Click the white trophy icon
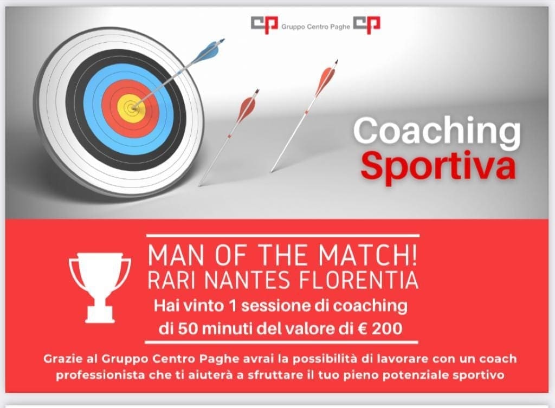point(100,287)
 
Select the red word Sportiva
point(437,166)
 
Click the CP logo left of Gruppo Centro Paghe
point(264,25)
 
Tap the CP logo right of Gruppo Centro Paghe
point(367,25)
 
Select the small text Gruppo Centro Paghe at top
point(315,27)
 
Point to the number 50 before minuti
point(187,329)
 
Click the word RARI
point(172,280)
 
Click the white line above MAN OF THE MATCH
point(282,235)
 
